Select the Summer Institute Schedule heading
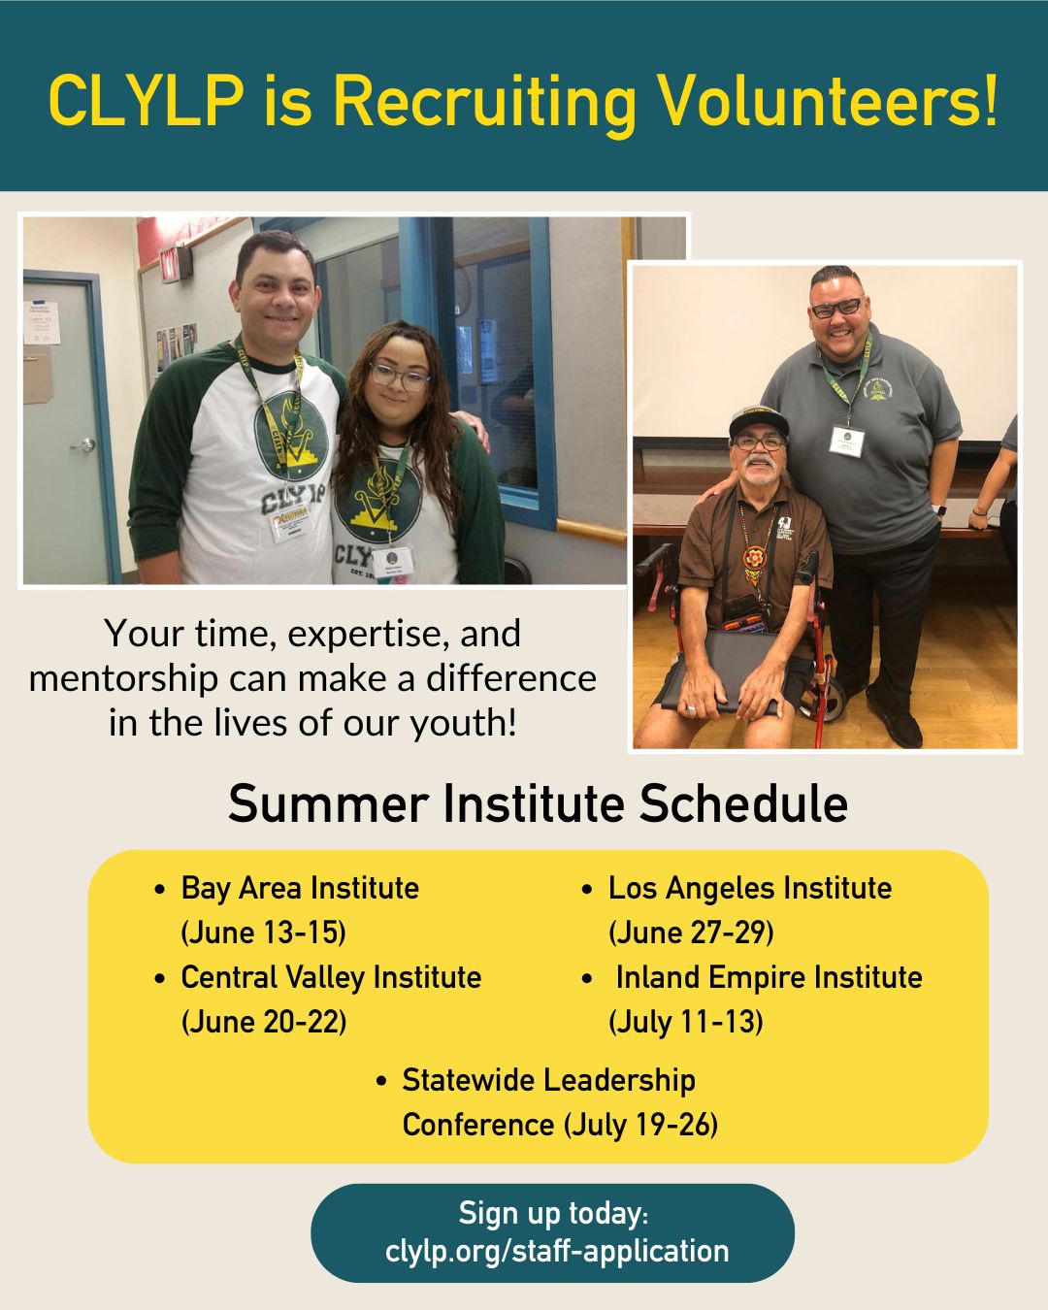coord(538,803)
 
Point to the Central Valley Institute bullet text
coord(331,977)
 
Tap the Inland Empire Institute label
coord(770,977)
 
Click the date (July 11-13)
coord(686,1022)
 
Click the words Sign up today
coord(553,1213)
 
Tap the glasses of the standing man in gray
coord(836,308)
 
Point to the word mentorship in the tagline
coord(123,679)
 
